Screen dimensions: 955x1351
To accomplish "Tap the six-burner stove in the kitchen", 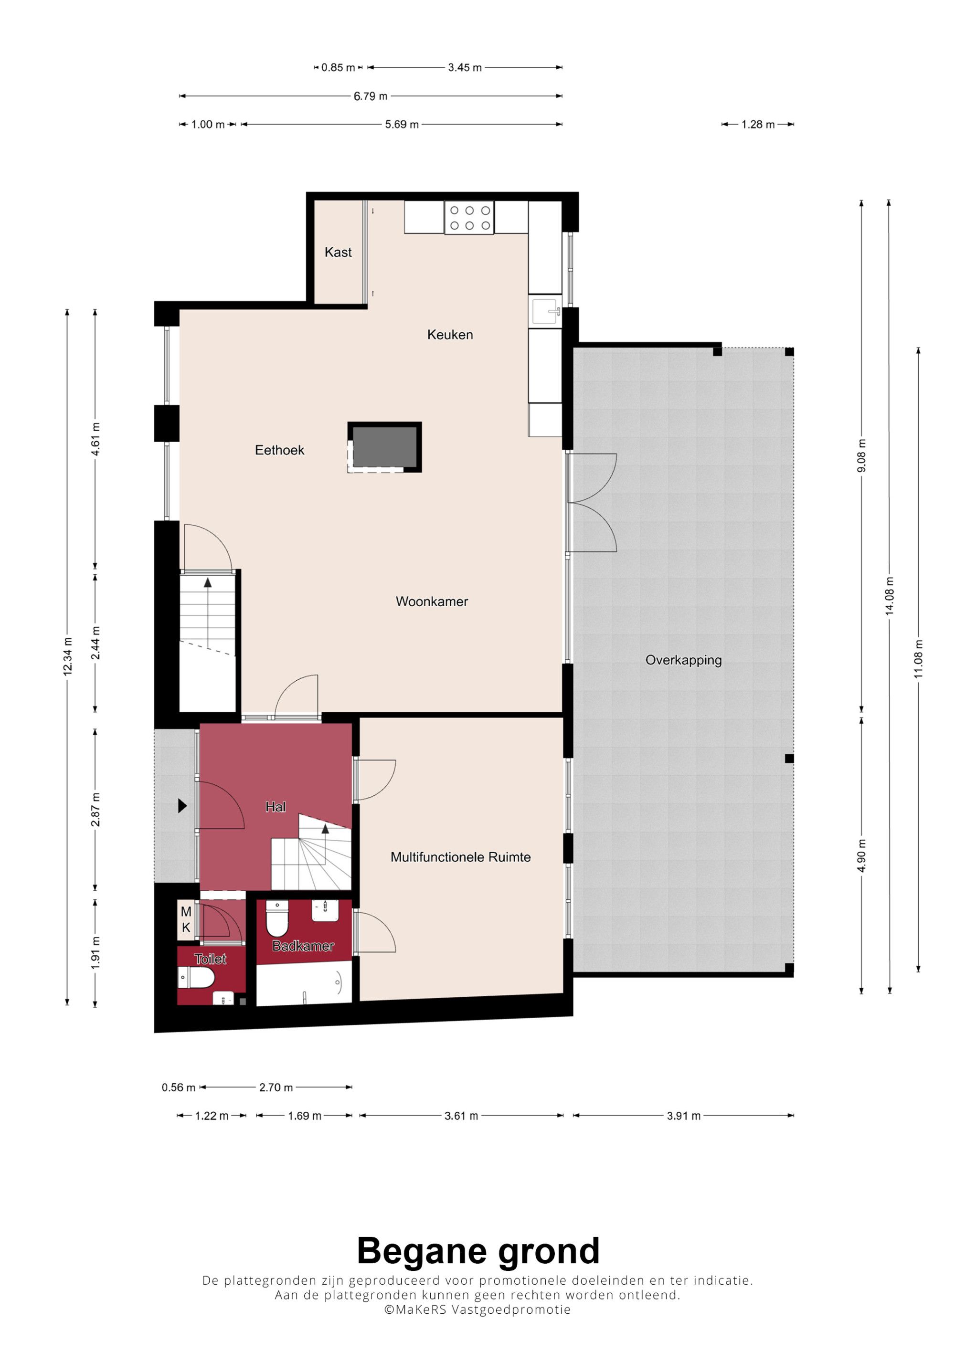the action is [469, 218].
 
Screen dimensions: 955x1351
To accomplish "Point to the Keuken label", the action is [450, 335].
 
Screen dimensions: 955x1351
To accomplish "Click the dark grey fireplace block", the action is [385, 447].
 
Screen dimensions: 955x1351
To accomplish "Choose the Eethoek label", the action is [279, 450].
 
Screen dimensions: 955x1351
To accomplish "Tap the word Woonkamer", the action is [432, 602].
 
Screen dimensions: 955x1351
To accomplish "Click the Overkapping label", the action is [683, 660].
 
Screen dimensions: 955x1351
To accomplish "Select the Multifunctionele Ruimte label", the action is [461, 857].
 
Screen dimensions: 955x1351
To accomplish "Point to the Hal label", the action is [276, 807].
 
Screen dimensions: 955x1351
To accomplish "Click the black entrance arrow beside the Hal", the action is [182, 805].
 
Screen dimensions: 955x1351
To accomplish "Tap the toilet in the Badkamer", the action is [277, 918].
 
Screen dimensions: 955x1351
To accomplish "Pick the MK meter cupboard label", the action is [186, 920].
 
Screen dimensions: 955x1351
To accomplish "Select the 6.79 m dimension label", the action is [371, 96].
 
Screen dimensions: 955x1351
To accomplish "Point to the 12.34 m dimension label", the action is [68, 656].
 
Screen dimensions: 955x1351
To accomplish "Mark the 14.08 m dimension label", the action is [890, 597].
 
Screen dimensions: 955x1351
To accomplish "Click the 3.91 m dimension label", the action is [684, 1116].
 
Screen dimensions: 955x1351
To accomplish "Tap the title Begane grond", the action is [478, 1250].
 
